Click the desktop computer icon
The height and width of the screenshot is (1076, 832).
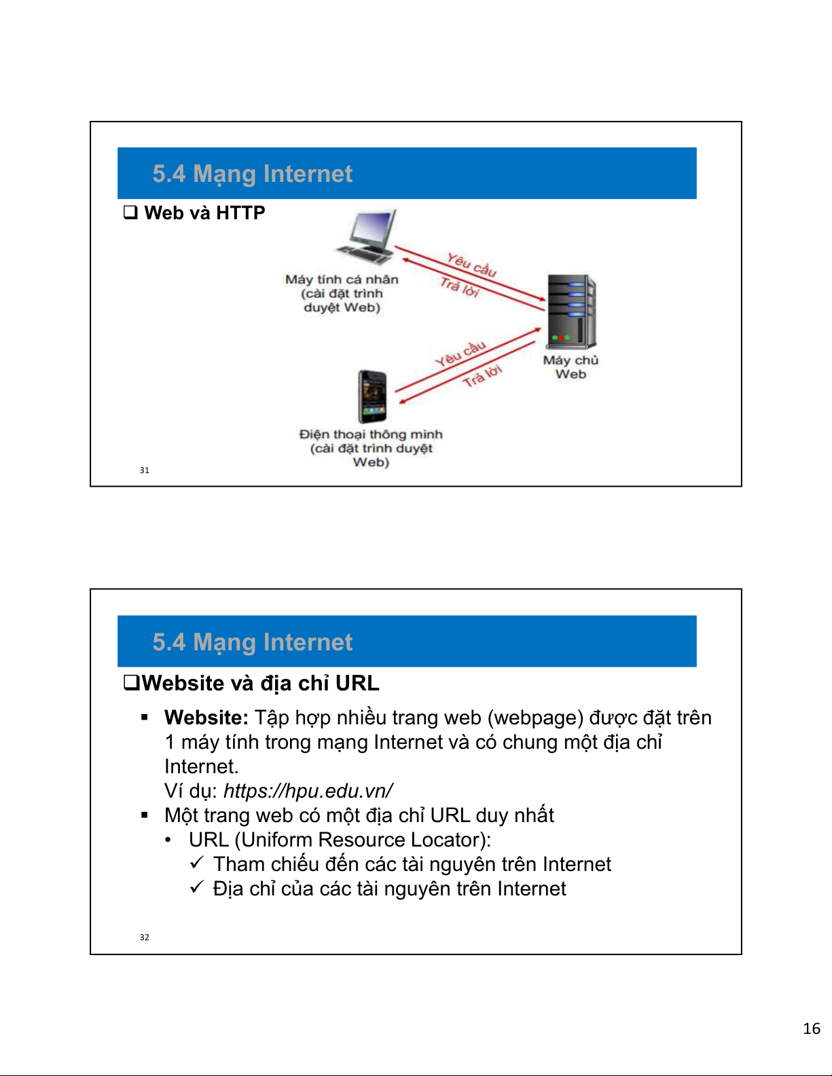tap(367, 237)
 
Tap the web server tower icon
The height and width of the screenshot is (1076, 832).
tap(571, 312)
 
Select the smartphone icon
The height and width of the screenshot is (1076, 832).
tap(372, 396)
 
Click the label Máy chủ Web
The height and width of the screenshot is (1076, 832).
tap(571, 367)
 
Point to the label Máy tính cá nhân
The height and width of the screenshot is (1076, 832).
tap(342, 280)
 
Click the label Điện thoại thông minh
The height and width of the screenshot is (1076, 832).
tap(371, 434)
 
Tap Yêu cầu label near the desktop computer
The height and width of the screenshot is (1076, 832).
tap(471, 264)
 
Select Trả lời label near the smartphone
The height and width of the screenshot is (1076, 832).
tap(482, 375)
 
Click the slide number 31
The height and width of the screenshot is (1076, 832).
tap(145, 470)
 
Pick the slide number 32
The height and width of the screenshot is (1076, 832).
tap(145, 938)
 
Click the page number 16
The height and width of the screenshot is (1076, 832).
tap(812, 1028)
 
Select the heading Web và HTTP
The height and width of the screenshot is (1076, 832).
tap(204, 213)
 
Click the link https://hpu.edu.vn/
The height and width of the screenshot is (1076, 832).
tap(308, 791)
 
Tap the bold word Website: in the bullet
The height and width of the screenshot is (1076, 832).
tap(206, 718)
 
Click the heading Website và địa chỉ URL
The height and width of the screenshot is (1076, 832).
tap(260, 683)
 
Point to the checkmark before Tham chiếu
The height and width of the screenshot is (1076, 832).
tap(197, 863)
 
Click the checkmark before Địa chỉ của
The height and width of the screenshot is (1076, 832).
tap(197, 887)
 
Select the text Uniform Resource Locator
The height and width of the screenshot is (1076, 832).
tap(362, 840)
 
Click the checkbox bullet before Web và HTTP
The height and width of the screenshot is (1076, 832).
tap(130, 212)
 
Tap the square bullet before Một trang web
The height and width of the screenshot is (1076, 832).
tap(145, 815)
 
